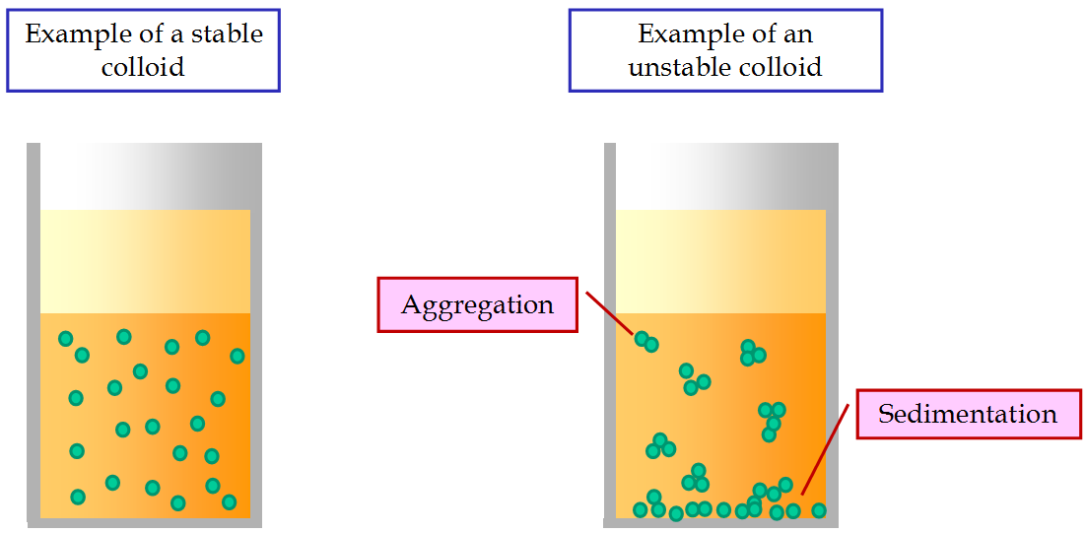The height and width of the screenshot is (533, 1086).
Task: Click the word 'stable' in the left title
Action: pos(229,34)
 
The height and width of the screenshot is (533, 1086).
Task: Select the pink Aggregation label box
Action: pos(477,304)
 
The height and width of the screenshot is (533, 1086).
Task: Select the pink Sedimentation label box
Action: pos(969,414)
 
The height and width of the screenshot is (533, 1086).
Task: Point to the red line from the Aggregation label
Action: pos(609,313)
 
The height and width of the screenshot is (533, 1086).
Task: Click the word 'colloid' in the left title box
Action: pos(143,67)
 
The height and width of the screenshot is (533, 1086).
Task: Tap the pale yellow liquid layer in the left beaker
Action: pos(145,261)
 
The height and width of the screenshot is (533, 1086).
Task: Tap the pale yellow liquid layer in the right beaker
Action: pos(721,261)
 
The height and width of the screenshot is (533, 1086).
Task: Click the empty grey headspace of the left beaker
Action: pos(145,176)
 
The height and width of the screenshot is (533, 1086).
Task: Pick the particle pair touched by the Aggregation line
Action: pos(646,341)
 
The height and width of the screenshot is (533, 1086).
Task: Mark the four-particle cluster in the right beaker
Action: pos(772,421)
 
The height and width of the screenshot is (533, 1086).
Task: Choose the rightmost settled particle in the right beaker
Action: pos(819,510)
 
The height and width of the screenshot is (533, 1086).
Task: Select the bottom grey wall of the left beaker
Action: pos(145,523)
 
